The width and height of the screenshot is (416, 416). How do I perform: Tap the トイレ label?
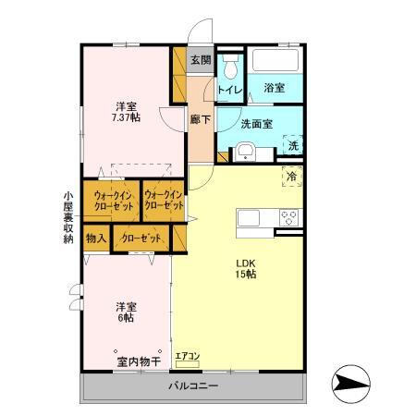point(229,90)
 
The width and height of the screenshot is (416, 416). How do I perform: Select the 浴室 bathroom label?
point(273,88)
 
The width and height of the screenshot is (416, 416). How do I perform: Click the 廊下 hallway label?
point(200,119)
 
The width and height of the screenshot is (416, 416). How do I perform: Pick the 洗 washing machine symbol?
point(292,145)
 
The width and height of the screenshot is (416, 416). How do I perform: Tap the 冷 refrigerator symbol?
point(291,175)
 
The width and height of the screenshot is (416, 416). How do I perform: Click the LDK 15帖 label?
point(244,267)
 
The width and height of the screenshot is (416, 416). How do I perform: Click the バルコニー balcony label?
point(193,385)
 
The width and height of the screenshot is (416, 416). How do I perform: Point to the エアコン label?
point(188,355)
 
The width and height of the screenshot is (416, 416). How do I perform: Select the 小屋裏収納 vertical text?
point(67,217)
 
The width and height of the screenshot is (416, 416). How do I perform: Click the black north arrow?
point(350,382)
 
